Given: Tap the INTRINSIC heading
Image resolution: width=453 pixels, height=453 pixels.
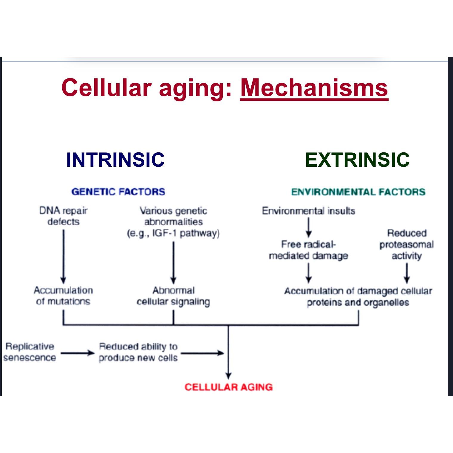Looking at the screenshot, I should [115, 160].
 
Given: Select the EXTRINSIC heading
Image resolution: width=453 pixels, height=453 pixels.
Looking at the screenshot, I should [357, 160].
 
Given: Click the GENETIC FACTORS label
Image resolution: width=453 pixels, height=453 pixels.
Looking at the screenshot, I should [118, 191].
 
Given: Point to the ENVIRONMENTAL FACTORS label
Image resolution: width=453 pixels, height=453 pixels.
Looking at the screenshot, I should [358, 191].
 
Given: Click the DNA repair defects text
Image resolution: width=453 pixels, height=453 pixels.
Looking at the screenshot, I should [63, 216].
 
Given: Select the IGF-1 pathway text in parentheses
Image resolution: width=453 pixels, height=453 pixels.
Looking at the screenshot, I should [173, 233].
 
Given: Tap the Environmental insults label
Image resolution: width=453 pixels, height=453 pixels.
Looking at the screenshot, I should [309, 211].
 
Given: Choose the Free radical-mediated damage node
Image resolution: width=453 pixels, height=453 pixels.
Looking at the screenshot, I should [309, 250].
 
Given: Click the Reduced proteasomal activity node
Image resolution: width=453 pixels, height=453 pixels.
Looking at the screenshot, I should [406, 244].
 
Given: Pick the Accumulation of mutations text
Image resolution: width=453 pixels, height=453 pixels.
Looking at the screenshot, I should [63, 296].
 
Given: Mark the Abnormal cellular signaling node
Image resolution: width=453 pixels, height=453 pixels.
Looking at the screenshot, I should [173, 296].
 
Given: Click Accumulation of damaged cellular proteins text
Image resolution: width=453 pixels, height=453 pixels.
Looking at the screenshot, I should [358, 296].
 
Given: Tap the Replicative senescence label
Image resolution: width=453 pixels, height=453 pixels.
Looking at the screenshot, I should [30, 352].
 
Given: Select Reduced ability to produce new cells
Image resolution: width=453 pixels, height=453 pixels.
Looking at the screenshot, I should [138, 352].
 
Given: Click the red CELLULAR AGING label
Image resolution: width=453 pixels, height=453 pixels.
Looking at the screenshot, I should [228, 387].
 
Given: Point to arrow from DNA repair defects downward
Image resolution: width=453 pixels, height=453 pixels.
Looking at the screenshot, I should [63, 256].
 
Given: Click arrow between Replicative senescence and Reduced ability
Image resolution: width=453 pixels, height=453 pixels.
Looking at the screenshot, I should [77, 353].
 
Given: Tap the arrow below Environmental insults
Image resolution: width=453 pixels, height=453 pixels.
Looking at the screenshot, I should [309, 227].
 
